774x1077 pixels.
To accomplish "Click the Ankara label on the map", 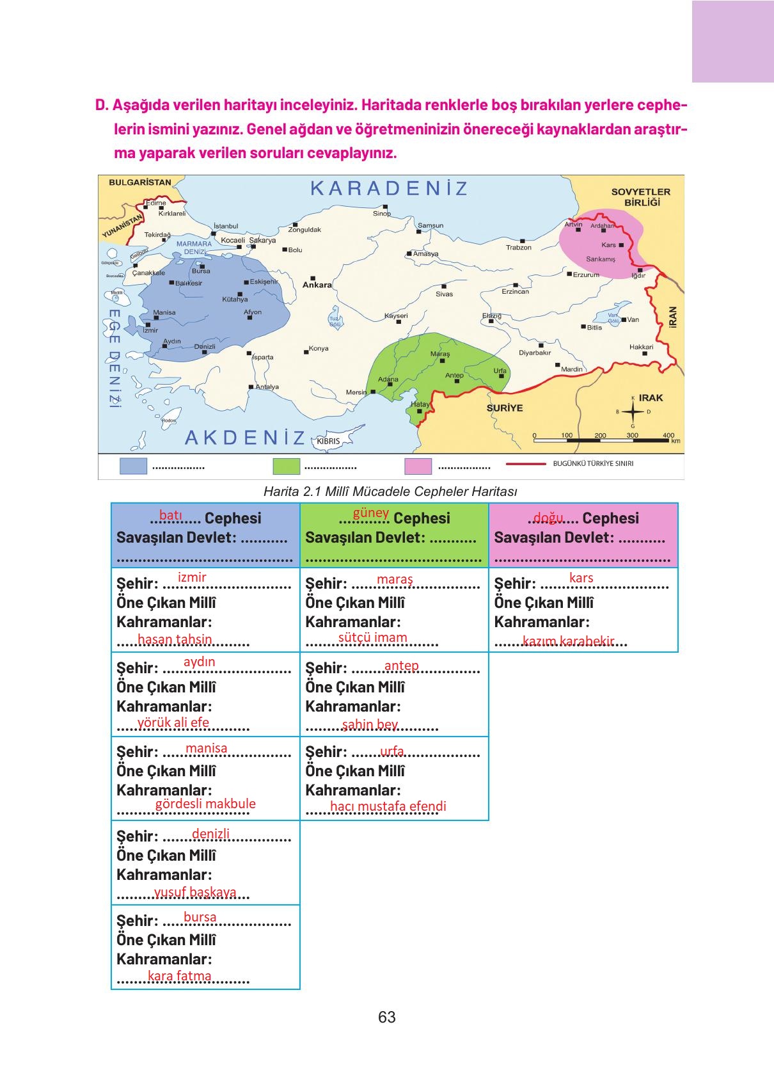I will coord(317,285).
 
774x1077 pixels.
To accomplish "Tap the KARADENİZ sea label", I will coord(390,189).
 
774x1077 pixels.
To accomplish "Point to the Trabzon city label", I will coord(519,247).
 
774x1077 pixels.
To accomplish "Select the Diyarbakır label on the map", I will coord(535,353).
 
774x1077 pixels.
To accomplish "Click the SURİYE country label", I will coord(505,408).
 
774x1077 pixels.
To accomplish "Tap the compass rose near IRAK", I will coord(633,411).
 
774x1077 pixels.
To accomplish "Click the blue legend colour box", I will coord(133,467).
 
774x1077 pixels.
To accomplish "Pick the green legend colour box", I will coord(286,467).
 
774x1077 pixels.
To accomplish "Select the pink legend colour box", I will coord(418,467).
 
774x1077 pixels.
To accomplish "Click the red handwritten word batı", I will coord(171,515).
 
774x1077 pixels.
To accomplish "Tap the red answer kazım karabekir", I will coord(568,641).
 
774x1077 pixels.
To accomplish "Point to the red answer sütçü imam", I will coord(372,637).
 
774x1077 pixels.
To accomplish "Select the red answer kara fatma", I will coord(179,976).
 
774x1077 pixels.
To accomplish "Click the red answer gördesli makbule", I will coord(205,804).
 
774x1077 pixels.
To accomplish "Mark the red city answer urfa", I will coord(392,751).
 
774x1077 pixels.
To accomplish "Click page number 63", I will coord(386,1017).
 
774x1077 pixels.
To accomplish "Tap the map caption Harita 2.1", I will coord(390,491).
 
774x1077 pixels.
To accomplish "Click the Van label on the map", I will coord(633,319).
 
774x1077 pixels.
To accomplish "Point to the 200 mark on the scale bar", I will coord(600,435).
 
